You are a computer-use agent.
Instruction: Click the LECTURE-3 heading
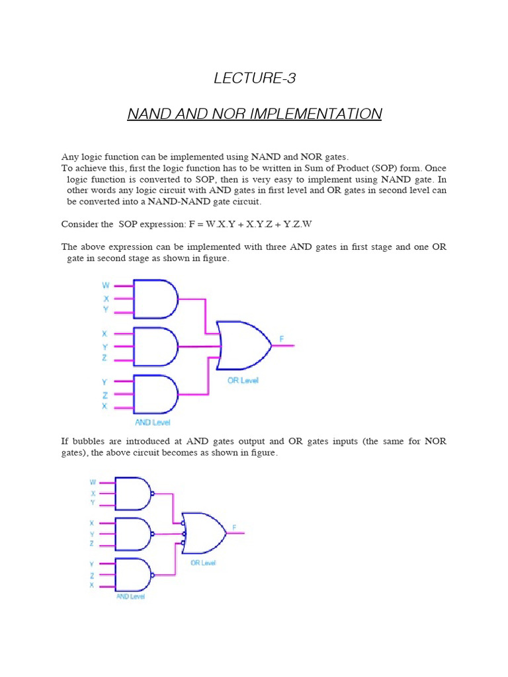click(255, 78)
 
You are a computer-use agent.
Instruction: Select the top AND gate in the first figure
click(155, 298)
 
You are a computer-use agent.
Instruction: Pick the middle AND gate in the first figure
click(155, 346)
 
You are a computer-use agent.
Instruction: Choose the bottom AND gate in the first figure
click(155, 394)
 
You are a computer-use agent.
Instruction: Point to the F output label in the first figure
click(282, 338)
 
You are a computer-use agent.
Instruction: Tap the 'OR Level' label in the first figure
click(243, 380)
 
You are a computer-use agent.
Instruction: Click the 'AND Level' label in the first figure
click(153, 422)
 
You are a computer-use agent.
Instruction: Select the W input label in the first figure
click(105, 286)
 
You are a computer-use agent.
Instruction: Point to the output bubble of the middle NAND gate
click(153, 534)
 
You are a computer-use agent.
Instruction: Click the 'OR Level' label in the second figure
click(203, 563)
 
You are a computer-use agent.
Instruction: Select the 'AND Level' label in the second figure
click(130, 596)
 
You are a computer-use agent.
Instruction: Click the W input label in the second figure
click(93, 482)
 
